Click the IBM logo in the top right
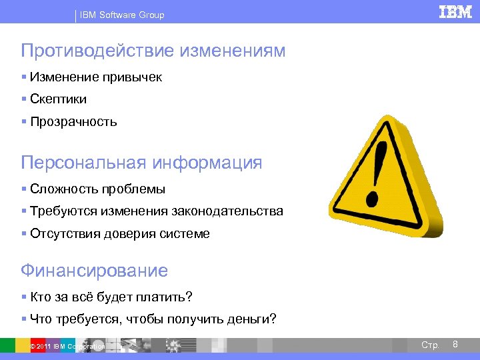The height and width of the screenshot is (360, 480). click(x=455, y=12)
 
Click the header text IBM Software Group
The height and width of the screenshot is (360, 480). click(x=122, y=15)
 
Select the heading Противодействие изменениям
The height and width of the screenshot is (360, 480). click(x=153, y=51)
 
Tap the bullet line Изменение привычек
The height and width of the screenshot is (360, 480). click(x=95, y=77)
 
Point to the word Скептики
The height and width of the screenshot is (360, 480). click(x=58, y=99)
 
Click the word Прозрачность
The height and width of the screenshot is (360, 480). click(x=73, y=122)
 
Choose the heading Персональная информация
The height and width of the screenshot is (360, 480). click(x=141, y=163)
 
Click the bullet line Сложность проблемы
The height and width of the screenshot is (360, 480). click(x=97, y=189)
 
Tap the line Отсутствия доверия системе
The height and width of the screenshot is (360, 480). click(x=120, y=234)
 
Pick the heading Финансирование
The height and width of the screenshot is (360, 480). click(x=94, y=271)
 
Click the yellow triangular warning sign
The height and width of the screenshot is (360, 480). click(x=393, y=193)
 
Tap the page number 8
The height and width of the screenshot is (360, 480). click(x=455, y=344)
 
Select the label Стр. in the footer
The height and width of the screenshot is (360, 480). click(x=430, y=345)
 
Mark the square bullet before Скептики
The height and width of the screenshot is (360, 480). click(x=24, y=99)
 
